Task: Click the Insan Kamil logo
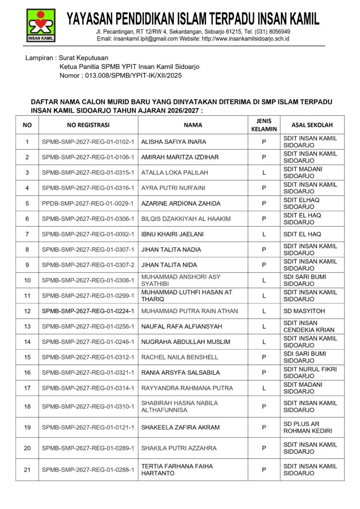(41, 25)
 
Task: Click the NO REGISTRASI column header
(88, 125)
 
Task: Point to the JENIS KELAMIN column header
(264, 125)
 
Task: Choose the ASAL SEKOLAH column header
(312, 125)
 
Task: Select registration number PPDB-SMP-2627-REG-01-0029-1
(88, 203)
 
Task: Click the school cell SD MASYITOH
(304, 311)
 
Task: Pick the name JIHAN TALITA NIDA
(169, 265)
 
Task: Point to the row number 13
(27, 327)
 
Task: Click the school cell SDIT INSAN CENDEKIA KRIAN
(309, 327)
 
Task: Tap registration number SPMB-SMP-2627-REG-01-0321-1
(88, 373)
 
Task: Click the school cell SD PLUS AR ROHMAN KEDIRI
(307, 427)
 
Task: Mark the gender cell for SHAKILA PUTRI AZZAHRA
(264, 448)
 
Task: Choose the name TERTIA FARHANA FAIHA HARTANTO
(177, 470)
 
